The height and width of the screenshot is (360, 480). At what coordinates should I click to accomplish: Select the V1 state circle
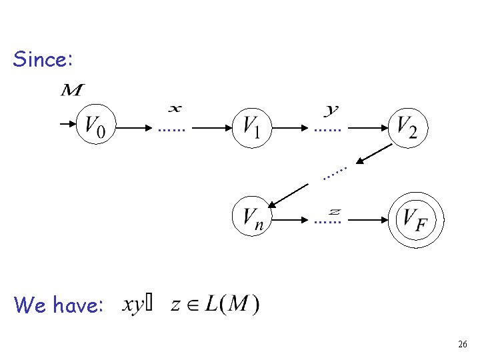(x=251, y=124)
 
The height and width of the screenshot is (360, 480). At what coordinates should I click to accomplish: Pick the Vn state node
(x=251, y=217)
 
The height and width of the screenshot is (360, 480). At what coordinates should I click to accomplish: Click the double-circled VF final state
(x=411, y=218)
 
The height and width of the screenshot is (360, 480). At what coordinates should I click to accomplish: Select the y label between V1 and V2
(x=331, y=108)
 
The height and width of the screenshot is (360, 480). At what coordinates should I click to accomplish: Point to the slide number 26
(x=463, y=345)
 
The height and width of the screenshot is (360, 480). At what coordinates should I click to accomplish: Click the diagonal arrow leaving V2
(x=373, y=153)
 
